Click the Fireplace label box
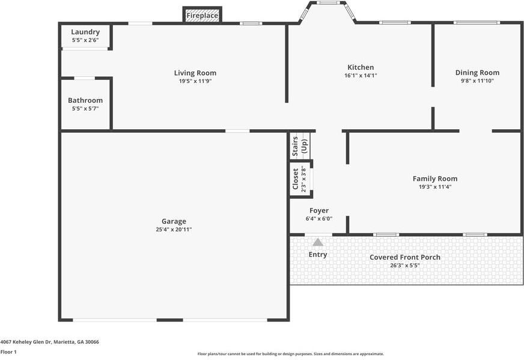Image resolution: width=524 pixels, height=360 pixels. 202,16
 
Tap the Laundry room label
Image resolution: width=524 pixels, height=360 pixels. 85,32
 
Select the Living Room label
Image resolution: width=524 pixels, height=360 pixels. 195,73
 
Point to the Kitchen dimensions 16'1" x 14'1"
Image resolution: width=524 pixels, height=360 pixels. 361,76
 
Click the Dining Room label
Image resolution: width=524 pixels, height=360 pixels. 477,73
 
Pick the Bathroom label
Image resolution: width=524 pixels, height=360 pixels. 85,100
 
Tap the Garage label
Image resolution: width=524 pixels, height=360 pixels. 174,221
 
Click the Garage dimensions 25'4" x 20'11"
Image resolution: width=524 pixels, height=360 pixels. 174,230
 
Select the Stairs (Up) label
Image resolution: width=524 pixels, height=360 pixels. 299,146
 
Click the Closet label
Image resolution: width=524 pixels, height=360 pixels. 296,178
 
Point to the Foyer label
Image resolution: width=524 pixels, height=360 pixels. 318,210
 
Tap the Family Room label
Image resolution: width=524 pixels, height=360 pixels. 434,178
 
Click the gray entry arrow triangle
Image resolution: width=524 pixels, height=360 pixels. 317,242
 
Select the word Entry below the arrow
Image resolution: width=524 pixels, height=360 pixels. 318,255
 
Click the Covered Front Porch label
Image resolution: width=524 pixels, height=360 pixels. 404,257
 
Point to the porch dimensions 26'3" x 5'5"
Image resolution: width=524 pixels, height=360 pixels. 404,265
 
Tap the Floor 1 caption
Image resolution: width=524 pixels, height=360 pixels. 8,352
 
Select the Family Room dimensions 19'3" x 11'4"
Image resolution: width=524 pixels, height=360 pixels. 434,187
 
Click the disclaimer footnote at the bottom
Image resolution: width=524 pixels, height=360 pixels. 291,354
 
